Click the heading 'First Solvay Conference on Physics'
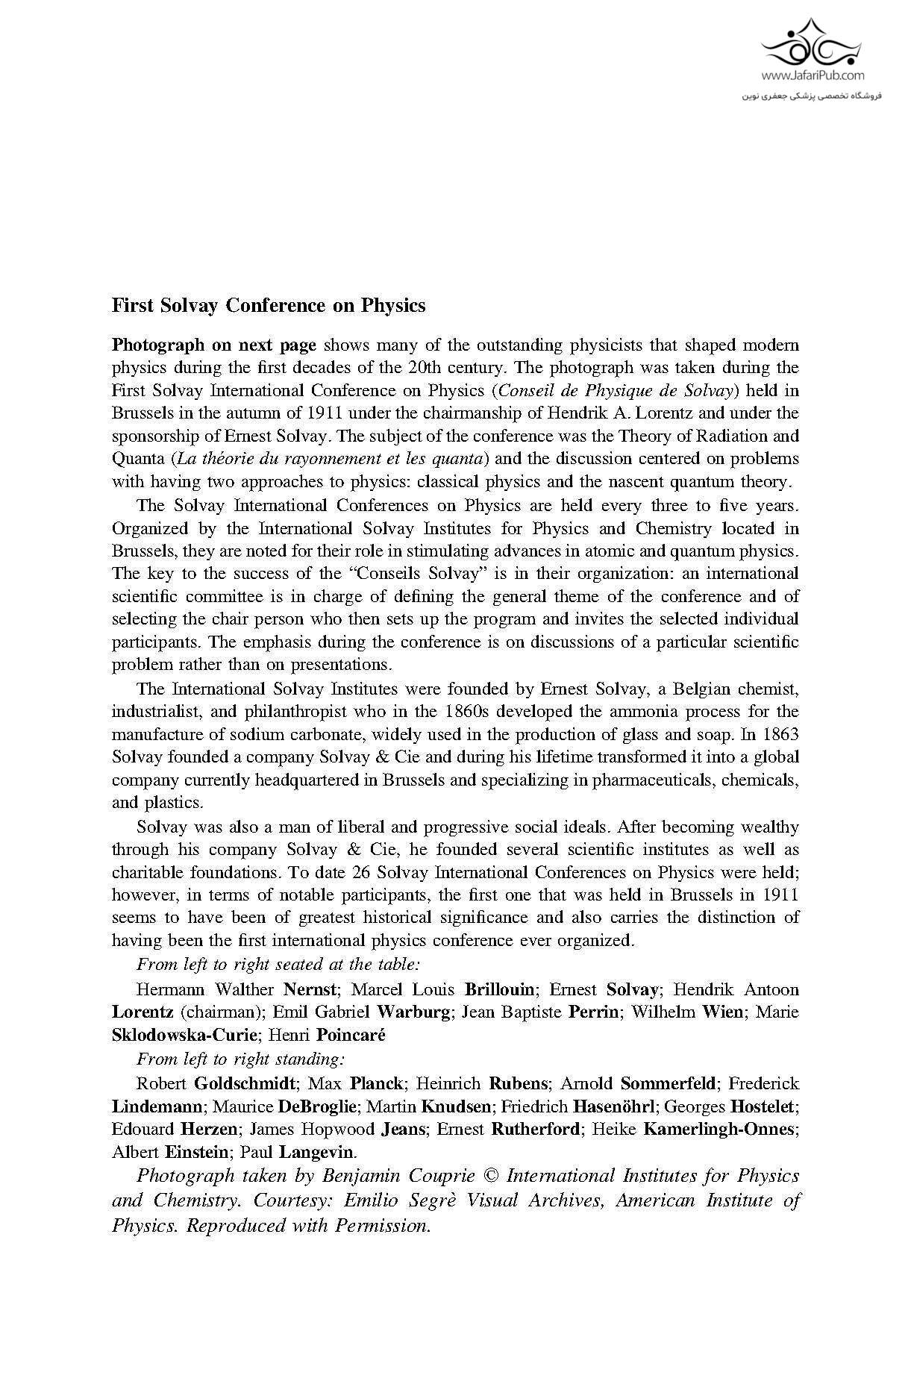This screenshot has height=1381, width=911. coord(269,306)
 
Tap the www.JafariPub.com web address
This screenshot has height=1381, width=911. coord(813,75)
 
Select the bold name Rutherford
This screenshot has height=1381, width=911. coord(535,1129)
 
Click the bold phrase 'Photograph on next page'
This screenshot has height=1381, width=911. coord(214,345)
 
